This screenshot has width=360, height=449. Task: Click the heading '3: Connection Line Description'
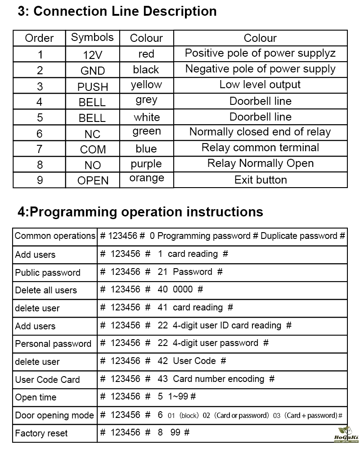click(x=117, y=11)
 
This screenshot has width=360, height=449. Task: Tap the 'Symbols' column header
click(x=92, y=37)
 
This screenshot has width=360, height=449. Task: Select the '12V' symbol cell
click(x=93, y=55)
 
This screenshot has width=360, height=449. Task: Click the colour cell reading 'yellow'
click(x=146, y=85)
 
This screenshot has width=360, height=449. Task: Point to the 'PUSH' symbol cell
click(x=93, y=86)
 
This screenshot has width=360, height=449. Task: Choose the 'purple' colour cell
click(x=146, y=164)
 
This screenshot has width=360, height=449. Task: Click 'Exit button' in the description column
click(x=261, y=180)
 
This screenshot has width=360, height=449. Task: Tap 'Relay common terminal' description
click(x=261, y=148)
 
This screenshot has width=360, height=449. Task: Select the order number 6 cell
click(x=40, y=134)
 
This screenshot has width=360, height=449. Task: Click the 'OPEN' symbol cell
click(x=93, y=180)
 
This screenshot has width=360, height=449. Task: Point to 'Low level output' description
click(x=260, y=85)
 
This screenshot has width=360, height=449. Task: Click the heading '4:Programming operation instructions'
click(x=140, y=211)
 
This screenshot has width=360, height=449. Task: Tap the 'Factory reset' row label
click(x=41, y=434)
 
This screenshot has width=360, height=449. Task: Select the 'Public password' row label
click(x=48, y=273)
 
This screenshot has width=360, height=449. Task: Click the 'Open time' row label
click(x=36, y=398)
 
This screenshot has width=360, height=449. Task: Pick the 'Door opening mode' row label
click(x=54, y=416)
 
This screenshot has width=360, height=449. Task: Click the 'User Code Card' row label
click(x=47, y=380)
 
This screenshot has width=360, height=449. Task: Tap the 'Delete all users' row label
click(x=46, y=291)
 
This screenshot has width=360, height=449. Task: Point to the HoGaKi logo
click(x=346, y=434)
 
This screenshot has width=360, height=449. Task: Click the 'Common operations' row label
click(x=55, y=236)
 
